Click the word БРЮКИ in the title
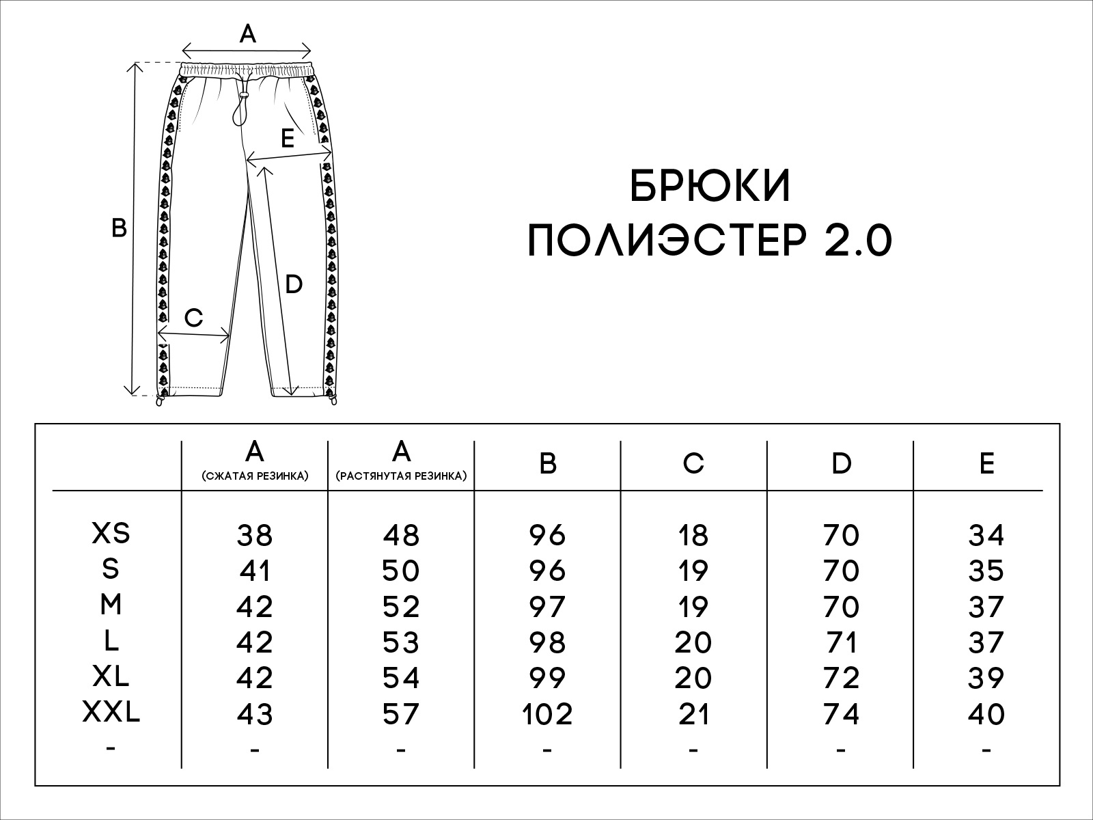(x=710, y=186)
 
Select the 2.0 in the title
(x=859, y=241)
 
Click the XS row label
(x=111, y=533)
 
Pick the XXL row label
(x=111, y=712)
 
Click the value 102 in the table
(x=547, y=715)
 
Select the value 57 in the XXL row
(x=401, y=715)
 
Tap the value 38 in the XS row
(x=254, y=536)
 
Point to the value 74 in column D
(x=841, y=715)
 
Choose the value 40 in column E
(x=986, y=715)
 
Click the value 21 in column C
(x=693, y=715)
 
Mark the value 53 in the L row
(x=401, y=643)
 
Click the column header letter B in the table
(x=548, y=463)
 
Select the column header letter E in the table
(x=987, y=463)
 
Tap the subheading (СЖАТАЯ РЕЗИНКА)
(x=255, y=476)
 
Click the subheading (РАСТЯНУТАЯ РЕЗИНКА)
(x=402, y=476)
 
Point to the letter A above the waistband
(x=247, y=34)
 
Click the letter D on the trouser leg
(x=294, y=284)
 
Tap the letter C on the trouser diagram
(x=194, y=318)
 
